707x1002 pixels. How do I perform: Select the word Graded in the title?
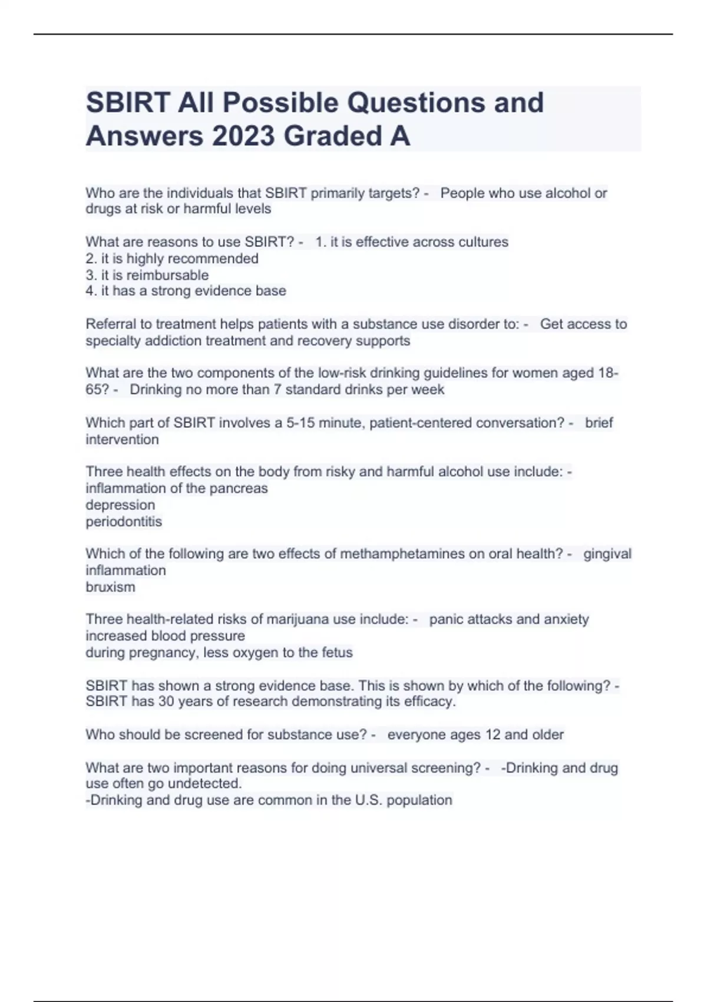tap(333, 136)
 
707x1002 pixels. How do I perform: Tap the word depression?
tap(120, 505)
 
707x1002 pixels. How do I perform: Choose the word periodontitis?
tap(124, 522)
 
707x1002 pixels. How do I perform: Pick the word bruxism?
tap(110, 587)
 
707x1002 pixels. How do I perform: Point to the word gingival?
tap(607, 554)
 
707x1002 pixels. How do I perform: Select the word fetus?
tap(337, 652)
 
